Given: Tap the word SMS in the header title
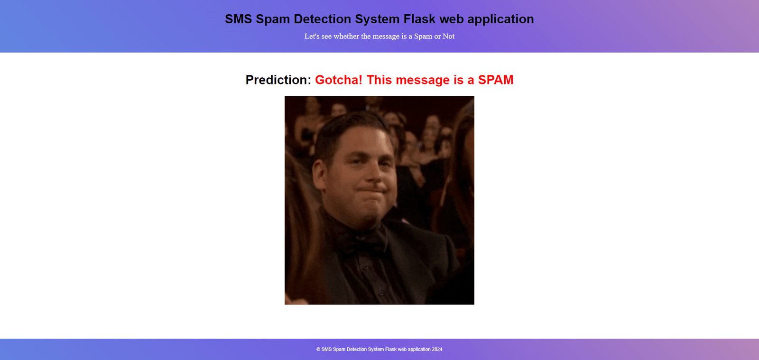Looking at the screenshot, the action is click(239, 19).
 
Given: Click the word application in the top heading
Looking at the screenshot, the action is click(500, 19).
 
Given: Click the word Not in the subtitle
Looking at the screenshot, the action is click(448, 36).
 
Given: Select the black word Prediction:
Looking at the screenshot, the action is click(278, 80).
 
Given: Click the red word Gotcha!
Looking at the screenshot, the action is click(339, 80).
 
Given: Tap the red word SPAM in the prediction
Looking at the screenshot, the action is click(496, 80).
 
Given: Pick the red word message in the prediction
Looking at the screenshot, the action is click(423, 81).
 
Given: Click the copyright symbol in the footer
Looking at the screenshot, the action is click(318, 350).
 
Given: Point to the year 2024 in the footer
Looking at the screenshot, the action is click(437, 350).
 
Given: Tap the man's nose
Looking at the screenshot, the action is click(374, 173).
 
